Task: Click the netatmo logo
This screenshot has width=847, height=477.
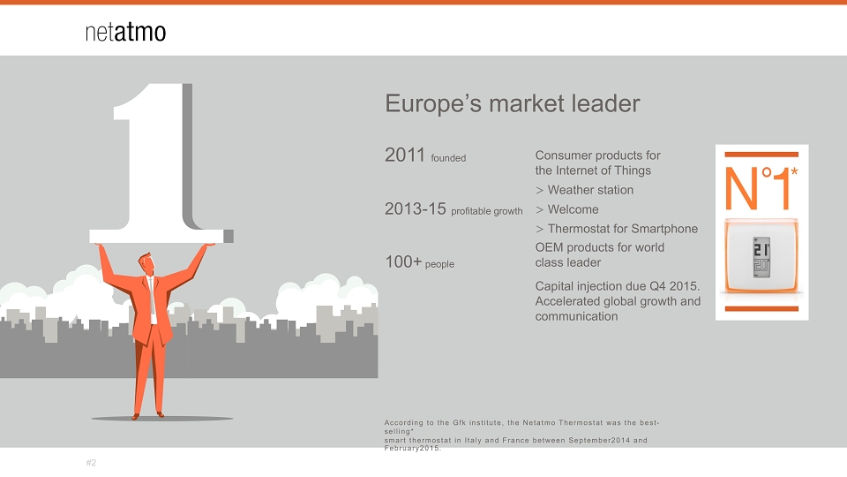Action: pyautogui.click(x=125, y=32)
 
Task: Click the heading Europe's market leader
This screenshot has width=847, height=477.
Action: pyautogui.click(x=512, y=104)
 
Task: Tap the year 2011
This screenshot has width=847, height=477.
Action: pyautogui.click(x=405, y=155)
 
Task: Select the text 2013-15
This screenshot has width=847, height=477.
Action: pyautogui.click(x=416, y=208)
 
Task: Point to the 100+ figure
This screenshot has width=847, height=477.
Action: pyautogui.click(x=403, y=261)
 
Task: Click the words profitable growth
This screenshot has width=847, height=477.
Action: pyautogui.click(x=487, y=211)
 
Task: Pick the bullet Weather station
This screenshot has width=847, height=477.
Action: pyautogui.click(x=584, y=191)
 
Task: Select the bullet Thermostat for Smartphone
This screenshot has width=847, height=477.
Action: pyautogui.click(x=617, y=229)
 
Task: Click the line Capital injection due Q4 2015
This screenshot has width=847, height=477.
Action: pyautogui.click(x=618, y=286)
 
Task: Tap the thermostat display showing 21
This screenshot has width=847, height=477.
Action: pyautogui.click(x=761, y=257)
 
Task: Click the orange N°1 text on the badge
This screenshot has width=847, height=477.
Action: pyautogui.click(x=761, y=188)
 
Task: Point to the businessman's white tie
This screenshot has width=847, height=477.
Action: pyautogui.click(x=152, y=298)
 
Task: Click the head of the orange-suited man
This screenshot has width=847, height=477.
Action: pyautogui.click(x=146, y=264)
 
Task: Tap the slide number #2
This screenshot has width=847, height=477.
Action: pyautogui.click(x=91, y=463)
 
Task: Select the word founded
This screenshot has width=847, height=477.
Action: pyautogui.click(x=448, y=158)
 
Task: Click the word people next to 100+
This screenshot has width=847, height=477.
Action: pyautogui.click(x=439, y=264)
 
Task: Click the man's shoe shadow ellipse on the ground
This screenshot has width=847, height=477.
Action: pyautogui.click(x=162, y=419)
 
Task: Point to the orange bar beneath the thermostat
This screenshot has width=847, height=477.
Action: pyautogui.click(x=761, y=309)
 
